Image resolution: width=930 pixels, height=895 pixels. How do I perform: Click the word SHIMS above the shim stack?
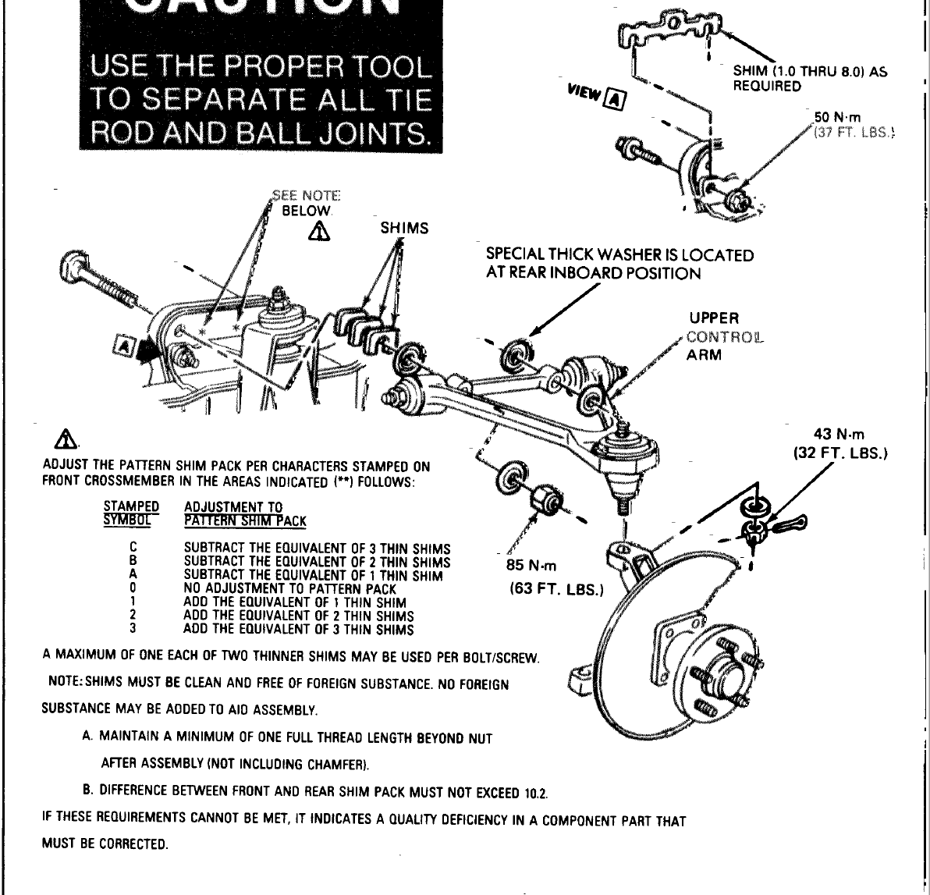(404, 228)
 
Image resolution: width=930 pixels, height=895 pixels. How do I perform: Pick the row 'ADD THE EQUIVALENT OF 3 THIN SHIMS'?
(298, 630)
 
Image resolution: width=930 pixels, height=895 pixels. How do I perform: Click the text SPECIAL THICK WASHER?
(568, 255)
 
